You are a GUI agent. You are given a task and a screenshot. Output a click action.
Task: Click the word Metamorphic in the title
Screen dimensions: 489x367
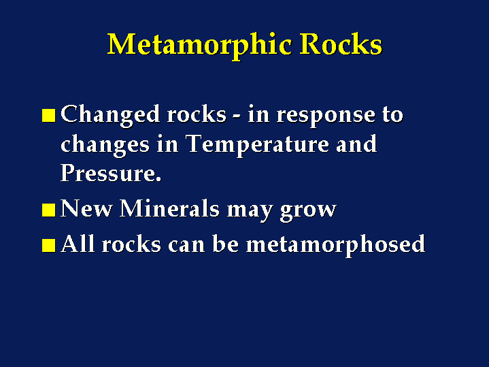click(199, 46)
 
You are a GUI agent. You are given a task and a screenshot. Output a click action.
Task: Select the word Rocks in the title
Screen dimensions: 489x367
click(341, 44)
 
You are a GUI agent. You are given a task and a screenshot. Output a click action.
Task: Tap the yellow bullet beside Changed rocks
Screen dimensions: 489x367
click(49, 115)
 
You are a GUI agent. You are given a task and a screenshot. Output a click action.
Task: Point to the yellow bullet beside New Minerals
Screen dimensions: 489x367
click(49, 210)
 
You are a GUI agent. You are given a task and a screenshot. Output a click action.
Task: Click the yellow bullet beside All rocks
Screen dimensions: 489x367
click(49, 245)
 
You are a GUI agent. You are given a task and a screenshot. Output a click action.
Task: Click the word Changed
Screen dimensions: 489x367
click(110, 115)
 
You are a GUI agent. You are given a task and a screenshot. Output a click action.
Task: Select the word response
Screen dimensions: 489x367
click(326, 116)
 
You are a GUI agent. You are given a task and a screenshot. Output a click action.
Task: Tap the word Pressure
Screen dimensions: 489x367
click(111, 173)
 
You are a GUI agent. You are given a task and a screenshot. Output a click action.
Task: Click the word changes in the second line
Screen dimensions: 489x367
click(105, 146)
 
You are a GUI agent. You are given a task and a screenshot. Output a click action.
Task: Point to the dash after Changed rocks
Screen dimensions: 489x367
click(237, 117)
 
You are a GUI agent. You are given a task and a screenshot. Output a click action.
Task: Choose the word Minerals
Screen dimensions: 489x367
click(169, 208)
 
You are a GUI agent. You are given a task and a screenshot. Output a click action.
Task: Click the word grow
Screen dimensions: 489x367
click(308, 210)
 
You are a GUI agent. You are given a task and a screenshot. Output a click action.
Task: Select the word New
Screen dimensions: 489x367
click(86, 208)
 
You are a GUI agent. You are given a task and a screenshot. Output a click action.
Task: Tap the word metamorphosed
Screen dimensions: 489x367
click(335, 245)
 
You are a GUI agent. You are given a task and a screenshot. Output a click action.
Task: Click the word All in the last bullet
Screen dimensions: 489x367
click(78, 243)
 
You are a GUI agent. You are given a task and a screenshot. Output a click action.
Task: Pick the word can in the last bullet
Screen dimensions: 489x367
click(186, 246)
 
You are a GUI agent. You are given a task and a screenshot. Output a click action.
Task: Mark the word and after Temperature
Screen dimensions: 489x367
click(357, 144)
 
